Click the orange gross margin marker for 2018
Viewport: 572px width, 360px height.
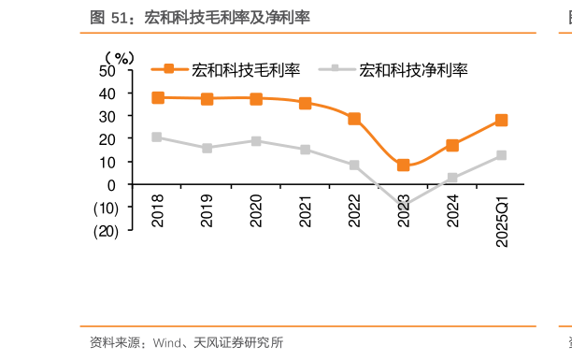(x=158, y=97)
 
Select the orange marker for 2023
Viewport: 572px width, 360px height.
(x=403, y=166)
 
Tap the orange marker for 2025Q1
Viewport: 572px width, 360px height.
(x=501, y=121)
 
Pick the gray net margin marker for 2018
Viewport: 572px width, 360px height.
(x=158, y=137)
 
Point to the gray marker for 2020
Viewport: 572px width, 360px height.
(x=256, y=141)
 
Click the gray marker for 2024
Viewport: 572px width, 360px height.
(x=452, y=178)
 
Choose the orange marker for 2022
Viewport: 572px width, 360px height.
(x=354, y=119)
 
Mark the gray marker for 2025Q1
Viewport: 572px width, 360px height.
(x=501, y=155)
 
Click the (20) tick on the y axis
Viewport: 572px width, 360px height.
(x=105, y=231)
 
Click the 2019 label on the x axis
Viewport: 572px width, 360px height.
(x=207, y=211)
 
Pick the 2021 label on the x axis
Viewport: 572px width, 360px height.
(x=305, y=211)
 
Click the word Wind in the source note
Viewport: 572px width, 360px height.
(x=167, y=342)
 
